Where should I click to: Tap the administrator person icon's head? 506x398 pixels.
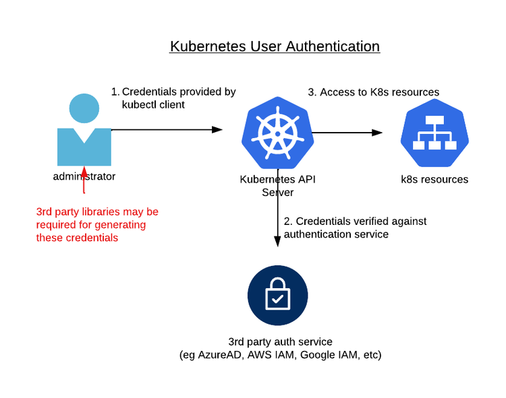[84, 108]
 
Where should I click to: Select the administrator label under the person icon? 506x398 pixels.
[84, 177]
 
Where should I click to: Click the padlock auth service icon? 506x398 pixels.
[277, 296]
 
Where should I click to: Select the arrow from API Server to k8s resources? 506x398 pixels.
[347, 133]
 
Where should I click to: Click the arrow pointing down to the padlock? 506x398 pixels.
[277, 209]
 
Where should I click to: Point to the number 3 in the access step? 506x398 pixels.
[312, 92]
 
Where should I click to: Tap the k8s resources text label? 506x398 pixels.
[434, 180]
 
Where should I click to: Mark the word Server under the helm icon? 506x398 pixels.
[277, 193]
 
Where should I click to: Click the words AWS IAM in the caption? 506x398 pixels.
[269, 355]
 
